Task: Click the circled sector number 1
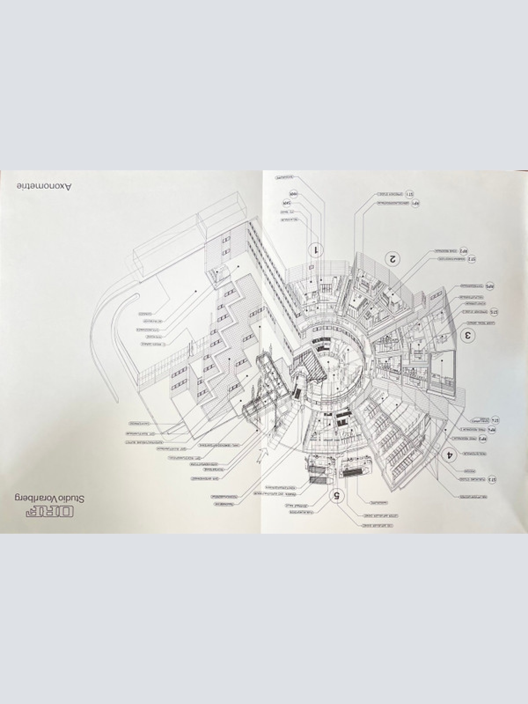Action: (316, 250)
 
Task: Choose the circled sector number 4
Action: (449, 455)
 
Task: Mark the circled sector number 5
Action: (337, 496)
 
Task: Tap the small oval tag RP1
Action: (415, 203)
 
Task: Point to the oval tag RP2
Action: (463, 250)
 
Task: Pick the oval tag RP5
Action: (489, 286)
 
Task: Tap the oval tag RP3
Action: (482, 439)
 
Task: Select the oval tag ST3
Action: (491, 479)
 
